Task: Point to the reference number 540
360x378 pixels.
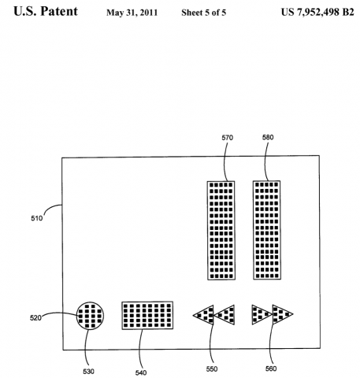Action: click(142, 372)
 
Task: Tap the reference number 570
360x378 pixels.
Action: click(227, 136)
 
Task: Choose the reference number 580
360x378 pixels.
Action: click(268, 136)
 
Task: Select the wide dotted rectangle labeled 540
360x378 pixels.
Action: click(147, 315)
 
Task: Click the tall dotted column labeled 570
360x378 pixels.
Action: click(221, 230)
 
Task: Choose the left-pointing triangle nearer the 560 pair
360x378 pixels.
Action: click(226, 315)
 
